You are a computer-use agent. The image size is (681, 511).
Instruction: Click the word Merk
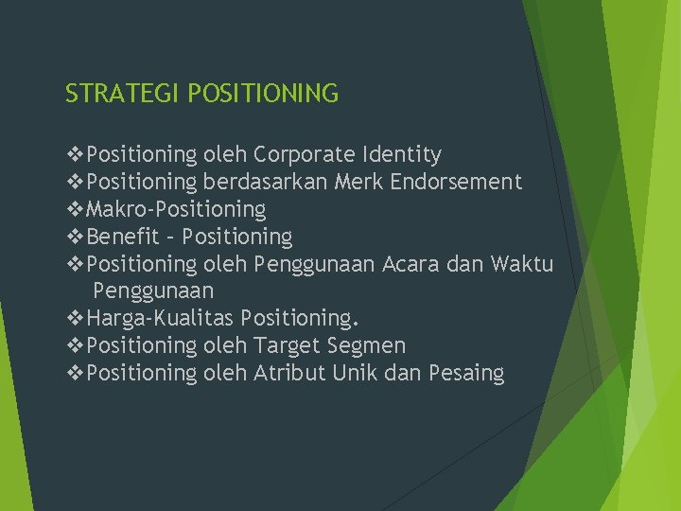(x=353, y=182)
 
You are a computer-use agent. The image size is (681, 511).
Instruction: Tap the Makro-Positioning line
(x=175, y=209)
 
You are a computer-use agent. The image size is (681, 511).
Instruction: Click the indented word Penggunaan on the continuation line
(x=153, y=291)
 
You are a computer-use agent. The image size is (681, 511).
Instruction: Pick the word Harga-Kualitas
(x=160, y=318)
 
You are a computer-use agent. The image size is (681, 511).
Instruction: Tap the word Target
(x=288, y=345)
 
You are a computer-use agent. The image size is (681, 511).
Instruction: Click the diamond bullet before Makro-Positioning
(x=75, y=209)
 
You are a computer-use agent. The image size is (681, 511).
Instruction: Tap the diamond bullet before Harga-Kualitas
(x=75, y=318)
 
